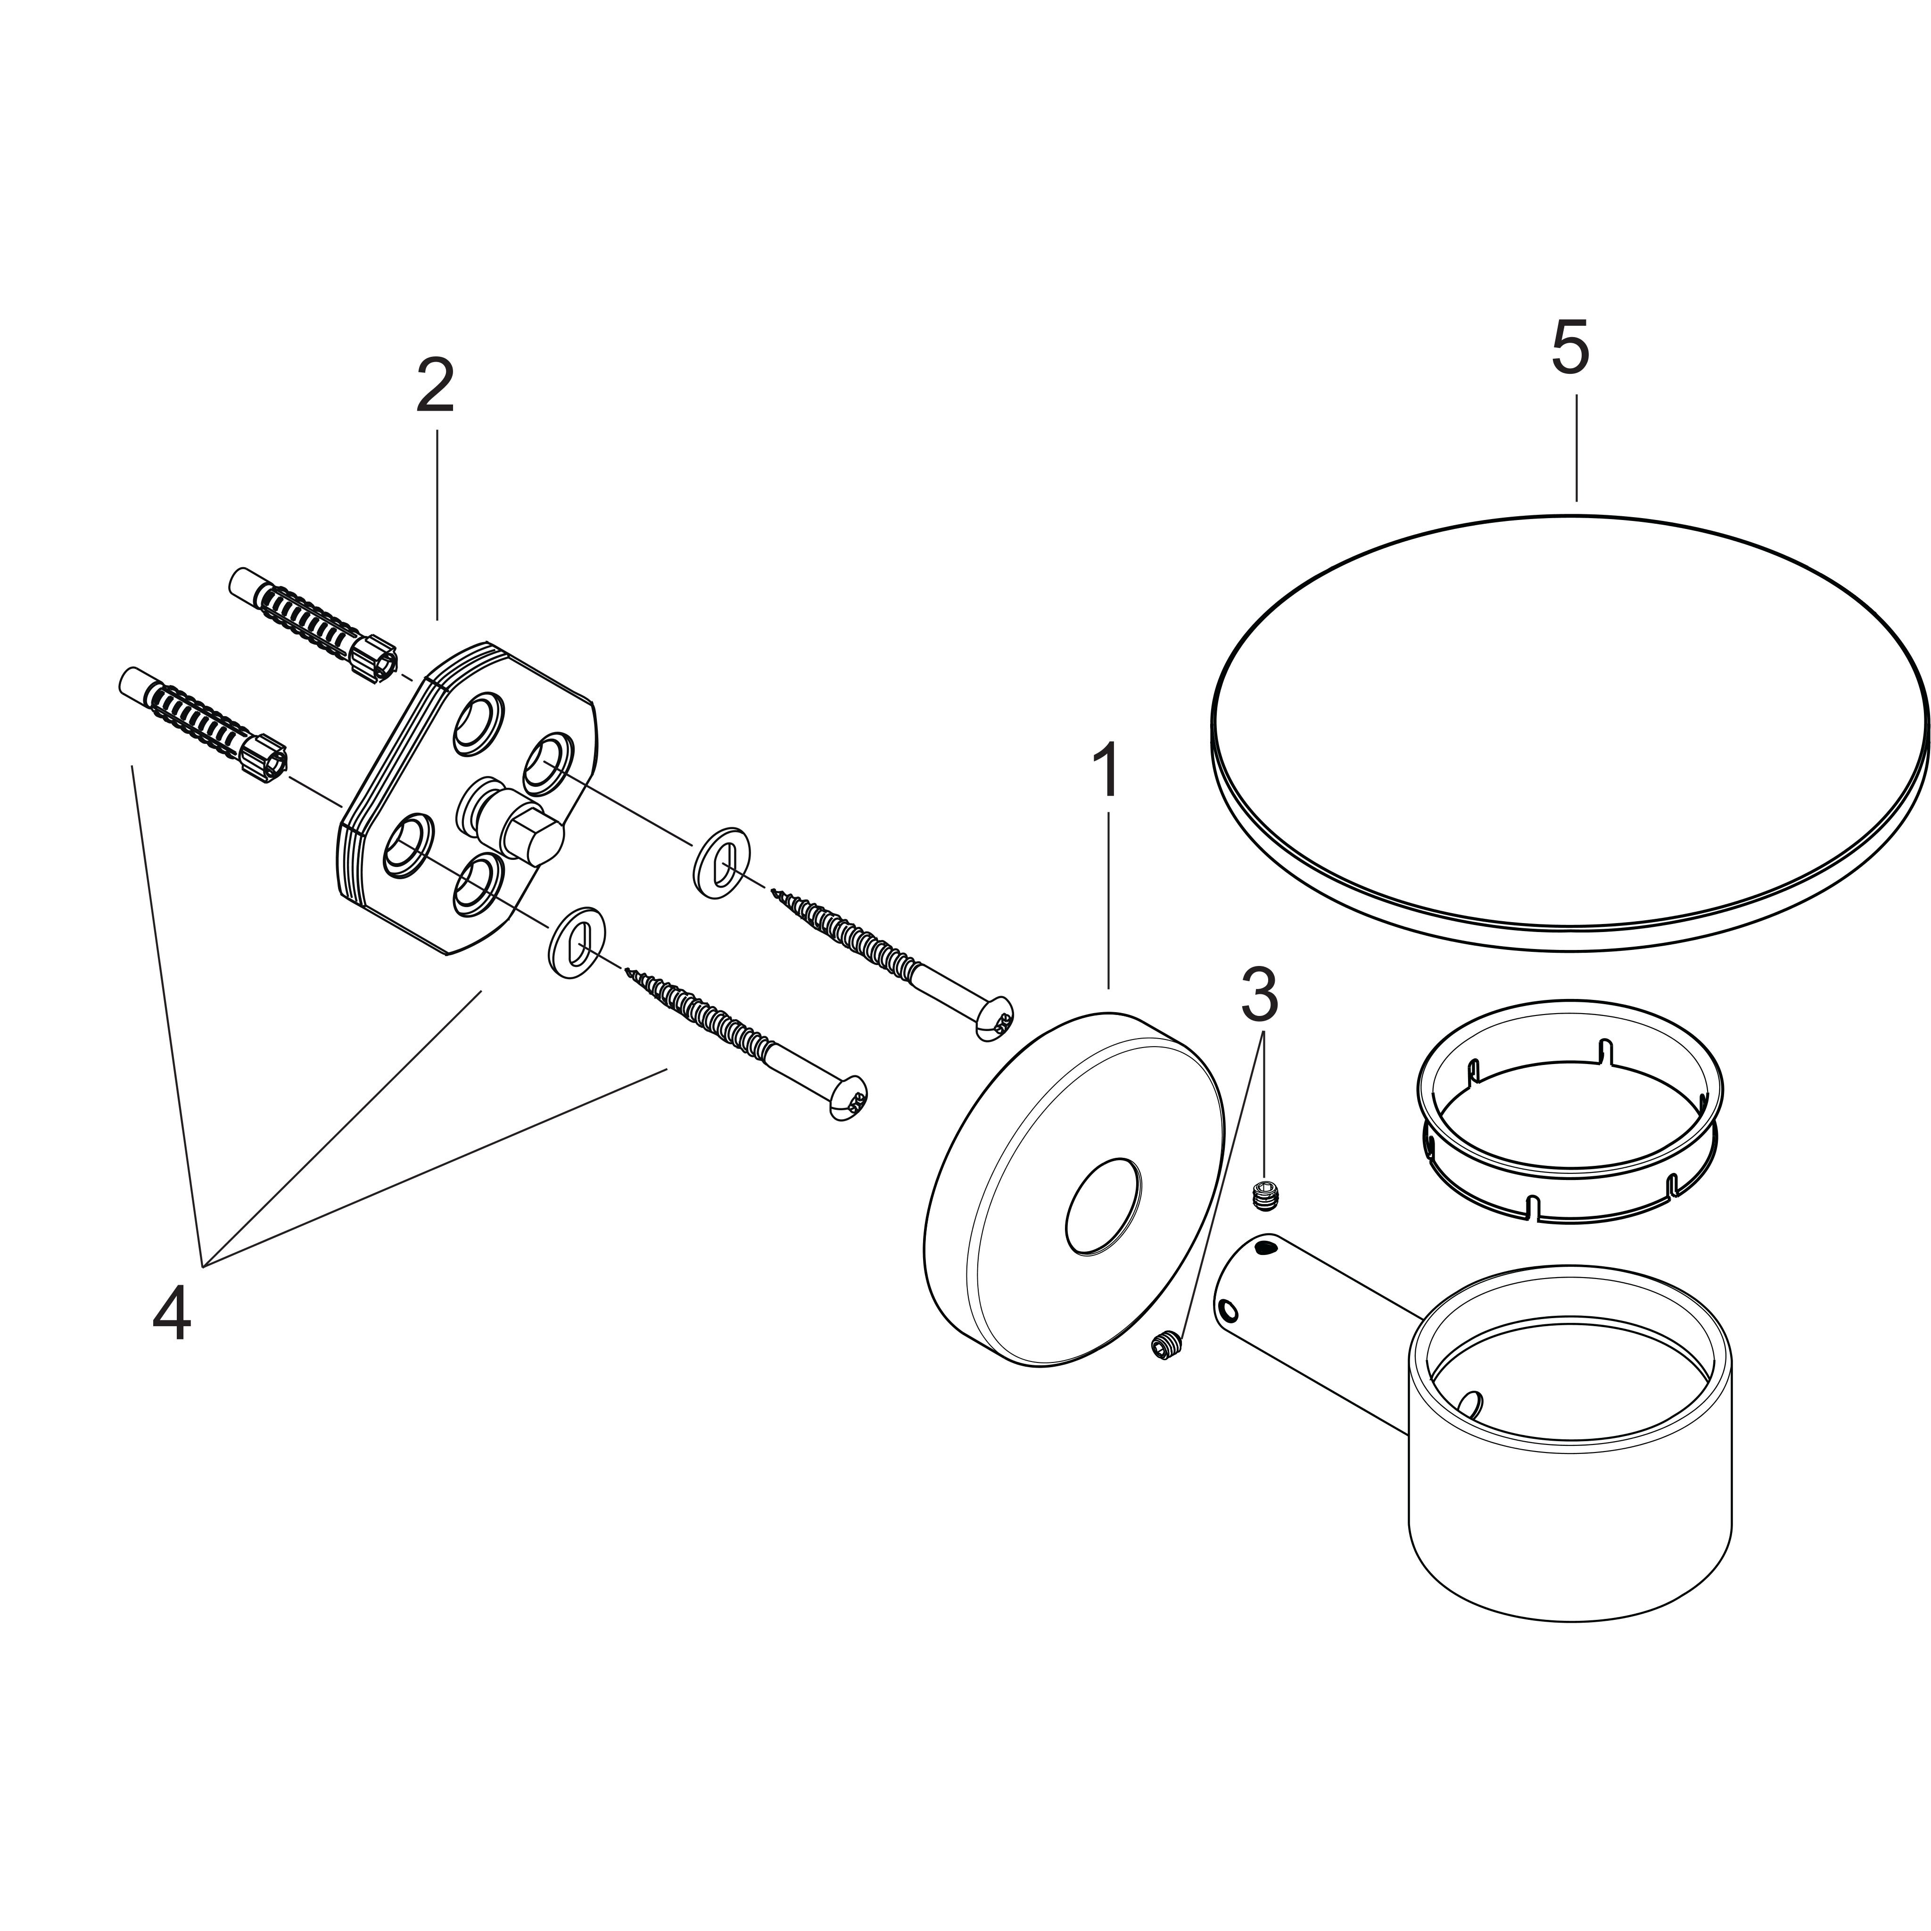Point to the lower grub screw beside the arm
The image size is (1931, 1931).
click(1165, 1346)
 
